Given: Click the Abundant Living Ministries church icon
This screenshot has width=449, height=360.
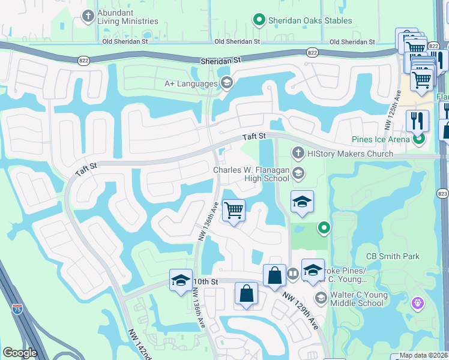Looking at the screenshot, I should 88,15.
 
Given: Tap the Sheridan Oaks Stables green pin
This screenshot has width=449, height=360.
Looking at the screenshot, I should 259,20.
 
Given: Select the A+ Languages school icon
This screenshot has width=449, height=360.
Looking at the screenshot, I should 226,83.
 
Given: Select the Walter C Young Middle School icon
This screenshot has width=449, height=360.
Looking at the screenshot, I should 321,298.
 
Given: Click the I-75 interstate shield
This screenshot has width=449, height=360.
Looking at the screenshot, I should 17,308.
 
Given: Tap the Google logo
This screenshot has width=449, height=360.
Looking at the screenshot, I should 20,353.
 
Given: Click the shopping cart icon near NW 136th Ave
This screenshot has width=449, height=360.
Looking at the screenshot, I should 233,211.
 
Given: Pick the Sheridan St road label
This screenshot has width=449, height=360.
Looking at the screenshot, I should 220,60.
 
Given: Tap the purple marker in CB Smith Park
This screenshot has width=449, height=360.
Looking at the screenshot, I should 417,304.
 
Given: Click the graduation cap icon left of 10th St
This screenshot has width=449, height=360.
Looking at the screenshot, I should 181,281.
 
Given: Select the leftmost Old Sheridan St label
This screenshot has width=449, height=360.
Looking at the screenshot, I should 125,42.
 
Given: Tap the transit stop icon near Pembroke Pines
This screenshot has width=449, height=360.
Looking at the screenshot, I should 292,274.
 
